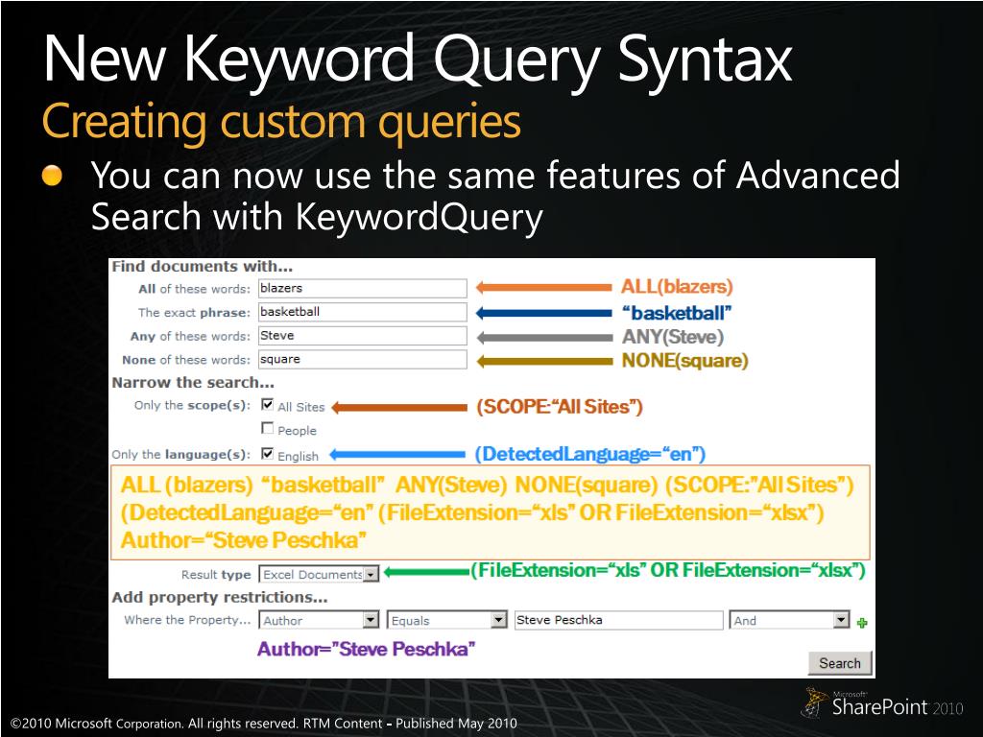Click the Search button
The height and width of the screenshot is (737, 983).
click(x=839, y=663)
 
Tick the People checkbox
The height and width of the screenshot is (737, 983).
click(x=268, y=428)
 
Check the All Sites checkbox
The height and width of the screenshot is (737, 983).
click(x=268, y=404)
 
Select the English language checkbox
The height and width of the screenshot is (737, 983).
click(x=268, y=453)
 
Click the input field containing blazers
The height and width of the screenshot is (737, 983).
click(x=362, y=288)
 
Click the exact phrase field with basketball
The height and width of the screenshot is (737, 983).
click(x=362, y=312)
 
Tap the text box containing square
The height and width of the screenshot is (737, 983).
click(x=362, y=360)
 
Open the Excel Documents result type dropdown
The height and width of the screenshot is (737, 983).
click(x=319, y=574)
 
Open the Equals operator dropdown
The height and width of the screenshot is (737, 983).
click(x=446, y=620)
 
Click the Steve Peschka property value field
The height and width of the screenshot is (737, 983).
click(x=618, y=620)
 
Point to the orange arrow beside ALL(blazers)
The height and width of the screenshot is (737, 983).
click(x=543, y=288)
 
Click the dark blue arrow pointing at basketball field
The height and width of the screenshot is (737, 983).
click(x=543, y=313)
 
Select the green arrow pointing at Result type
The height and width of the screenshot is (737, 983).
click(x=426, y=572)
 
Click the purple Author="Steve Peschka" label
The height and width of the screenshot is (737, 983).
click(x=366, y=649)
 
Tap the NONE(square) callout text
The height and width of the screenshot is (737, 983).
click(x=684, y=361)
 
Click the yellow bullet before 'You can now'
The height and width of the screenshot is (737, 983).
click(x=52, y=176)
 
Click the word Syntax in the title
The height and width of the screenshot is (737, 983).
click(x=706, y=59)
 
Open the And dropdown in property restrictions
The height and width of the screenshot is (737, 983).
click(x=789, y=620)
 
